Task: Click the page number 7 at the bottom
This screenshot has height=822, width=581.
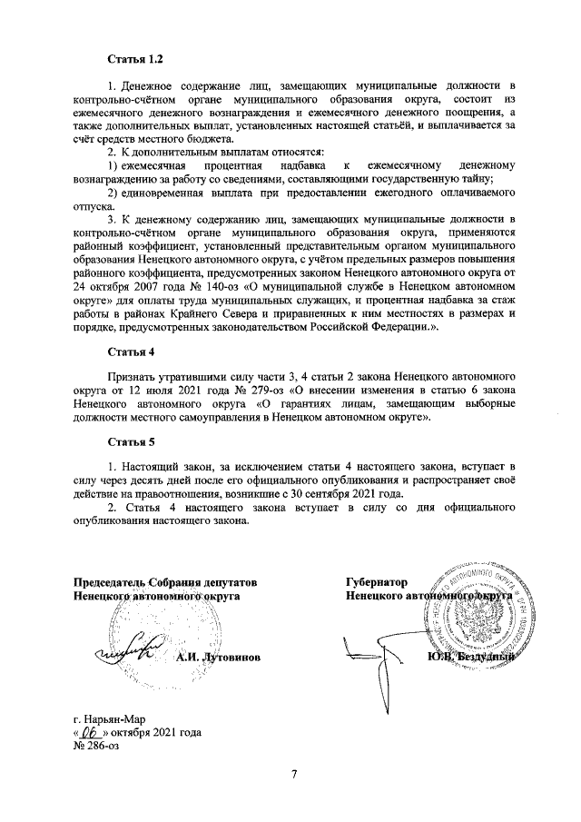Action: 293,774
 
